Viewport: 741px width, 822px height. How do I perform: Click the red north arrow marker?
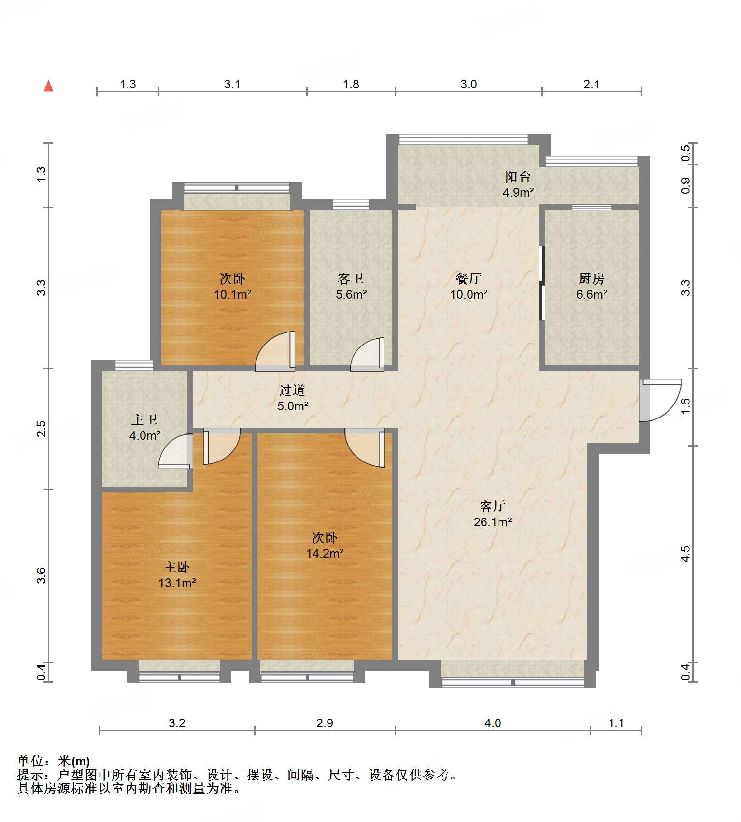coord(48,87)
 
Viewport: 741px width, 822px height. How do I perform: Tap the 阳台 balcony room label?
coord(518,177)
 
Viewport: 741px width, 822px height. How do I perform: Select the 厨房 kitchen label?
coord(591,279)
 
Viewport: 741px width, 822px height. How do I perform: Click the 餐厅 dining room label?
coord(468,279)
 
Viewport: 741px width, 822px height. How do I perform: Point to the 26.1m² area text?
coord(492,522)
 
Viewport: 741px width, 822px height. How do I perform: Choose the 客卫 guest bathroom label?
coord(351,279)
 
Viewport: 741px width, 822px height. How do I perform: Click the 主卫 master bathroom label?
coord(144,420)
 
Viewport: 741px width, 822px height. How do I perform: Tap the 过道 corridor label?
coord(292,390)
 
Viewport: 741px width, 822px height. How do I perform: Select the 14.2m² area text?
coord(325,553)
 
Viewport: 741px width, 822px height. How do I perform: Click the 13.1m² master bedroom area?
coord(177,583)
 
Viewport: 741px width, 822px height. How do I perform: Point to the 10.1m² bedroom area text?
coord(232,294)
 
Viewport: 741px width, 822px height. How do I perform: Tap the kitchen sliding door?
coord(542,283)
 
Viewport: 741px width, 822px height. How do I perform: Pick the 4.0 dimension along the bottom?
coord(492,723)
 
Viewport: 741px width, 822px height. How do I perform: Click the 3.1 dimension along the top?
coord(232,85)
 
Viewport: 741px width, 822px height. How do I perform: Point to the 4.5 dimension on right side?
coord(685,554)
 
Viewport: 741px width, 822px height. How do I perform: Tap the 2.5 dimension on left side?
coord(42,429)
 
